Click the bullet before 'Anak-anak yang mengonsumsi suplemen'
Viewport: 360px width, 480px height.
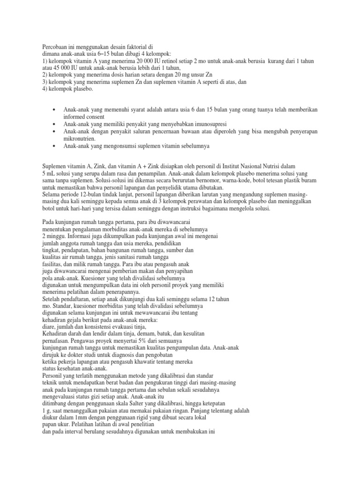(55, 146)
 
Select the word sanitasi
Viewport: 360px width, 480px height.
(136, 257)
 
